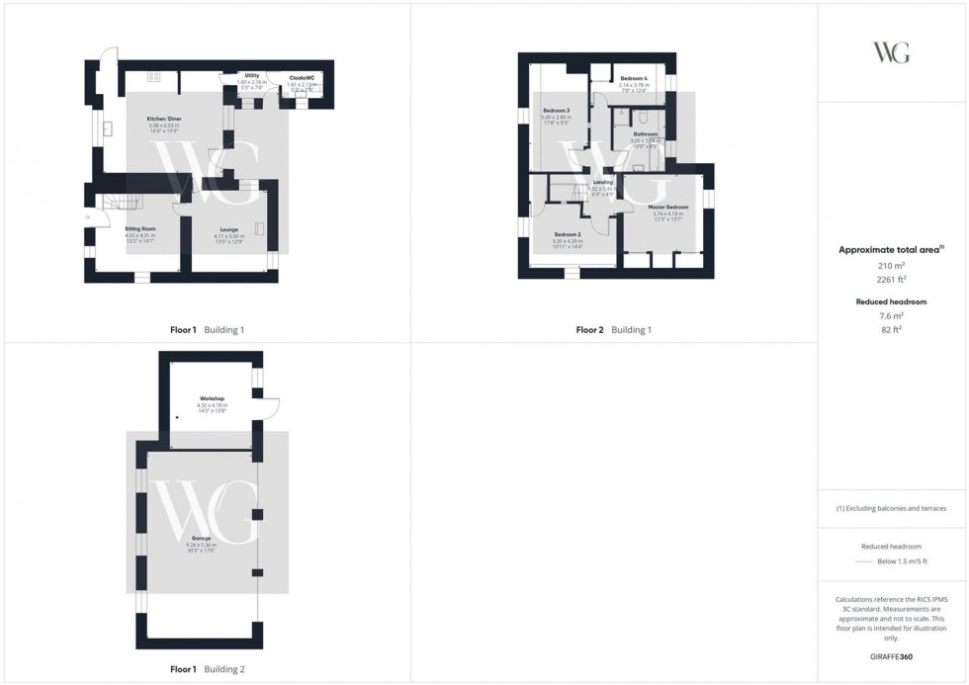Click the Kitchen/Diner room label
[x=164, y=119]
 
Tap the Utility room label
[x=252, y=75]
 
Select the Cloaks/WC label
[x=302, y=76]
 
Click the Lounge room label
[x=228, y=228]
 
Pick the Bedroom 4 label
[x=633, y=78]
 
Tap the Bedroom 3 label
[x=556, y=110]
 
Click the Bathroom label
[x=646, y=133]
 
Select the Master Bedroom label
[x=668, y=207]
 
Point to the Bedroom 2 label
[x=567, y=234]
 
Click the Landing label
[x=603, y=182]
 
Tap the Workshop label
[x=213, y=398]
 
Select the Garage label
[x=200, y=538]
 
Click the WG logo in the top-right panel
[x=892, y=52]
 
